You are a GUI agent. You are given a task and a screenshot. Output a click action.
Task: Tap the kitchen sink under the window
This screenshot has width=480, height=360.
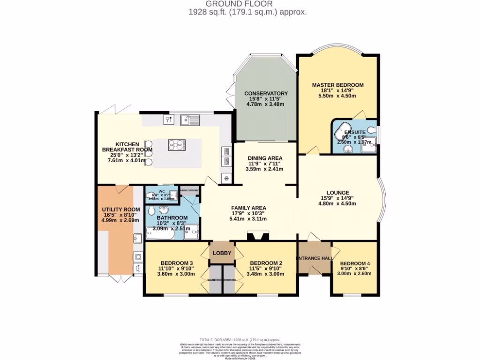point(191,120)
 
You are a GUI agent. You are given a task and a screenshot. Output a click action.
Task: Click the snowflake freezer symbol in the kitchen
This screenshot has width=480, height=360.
point(226,178)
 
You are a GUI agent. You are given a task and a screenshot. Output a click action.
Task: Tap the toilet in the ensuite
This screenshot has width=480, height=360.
point(371,130)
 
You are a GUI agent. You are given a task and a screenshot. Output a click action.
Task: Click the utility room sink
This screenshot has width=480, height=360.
point(137,240)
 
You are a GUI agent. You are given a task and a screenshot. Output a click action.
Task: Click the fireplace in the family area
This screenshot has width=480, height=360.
point(255,237)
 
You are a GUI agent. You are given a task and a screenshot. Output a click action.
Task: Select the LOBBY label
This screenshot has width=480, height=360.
point(222,253)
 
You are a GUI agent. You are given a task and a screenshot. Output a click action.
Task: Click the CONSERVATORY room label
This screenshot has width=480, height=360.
point(266,93)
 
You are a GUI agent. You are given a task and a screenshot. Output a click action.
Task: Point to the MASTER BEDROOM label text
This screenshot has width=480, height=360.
point(337,85)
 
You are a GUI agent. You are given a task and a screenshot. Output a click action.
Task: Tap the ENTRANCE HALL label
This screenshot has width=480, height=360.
point(315,258)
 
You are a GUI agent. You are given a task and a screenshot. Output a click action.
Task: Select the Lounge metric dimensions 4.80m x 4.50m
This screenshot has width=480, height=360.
point(337,203)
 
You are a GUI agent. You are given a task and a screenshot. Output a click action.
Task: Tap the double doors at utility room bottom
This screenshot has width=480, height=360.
point(121,279)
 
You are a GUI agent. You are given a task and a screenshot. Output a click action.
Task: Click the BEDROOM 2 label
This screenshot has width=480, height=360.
point(265,262)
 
